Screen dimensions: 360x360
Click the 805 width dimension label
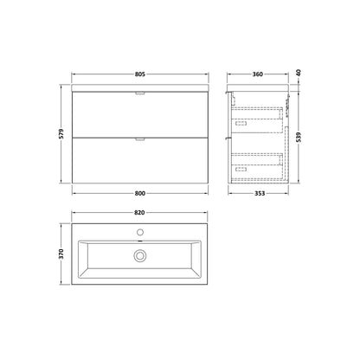pos(140,74)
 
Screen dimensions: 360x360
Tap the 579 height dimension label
pos(61,134)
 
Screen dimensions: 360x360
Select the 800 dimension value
pos(140,193)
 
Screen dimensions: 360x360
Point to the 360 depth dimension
pos(258,74)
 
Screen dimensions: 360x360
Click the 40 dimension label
pos(299,73)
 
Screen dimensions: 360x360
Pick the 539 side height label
pos(299,137)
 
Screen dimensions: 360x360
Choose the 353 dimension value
pos(260,193)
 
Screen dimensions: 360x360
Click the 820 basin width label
pos(139,213)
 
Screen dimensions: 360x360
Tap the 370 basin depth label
pos(61,254)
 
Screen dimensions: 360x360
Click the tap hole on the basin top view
pos(140,232)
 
